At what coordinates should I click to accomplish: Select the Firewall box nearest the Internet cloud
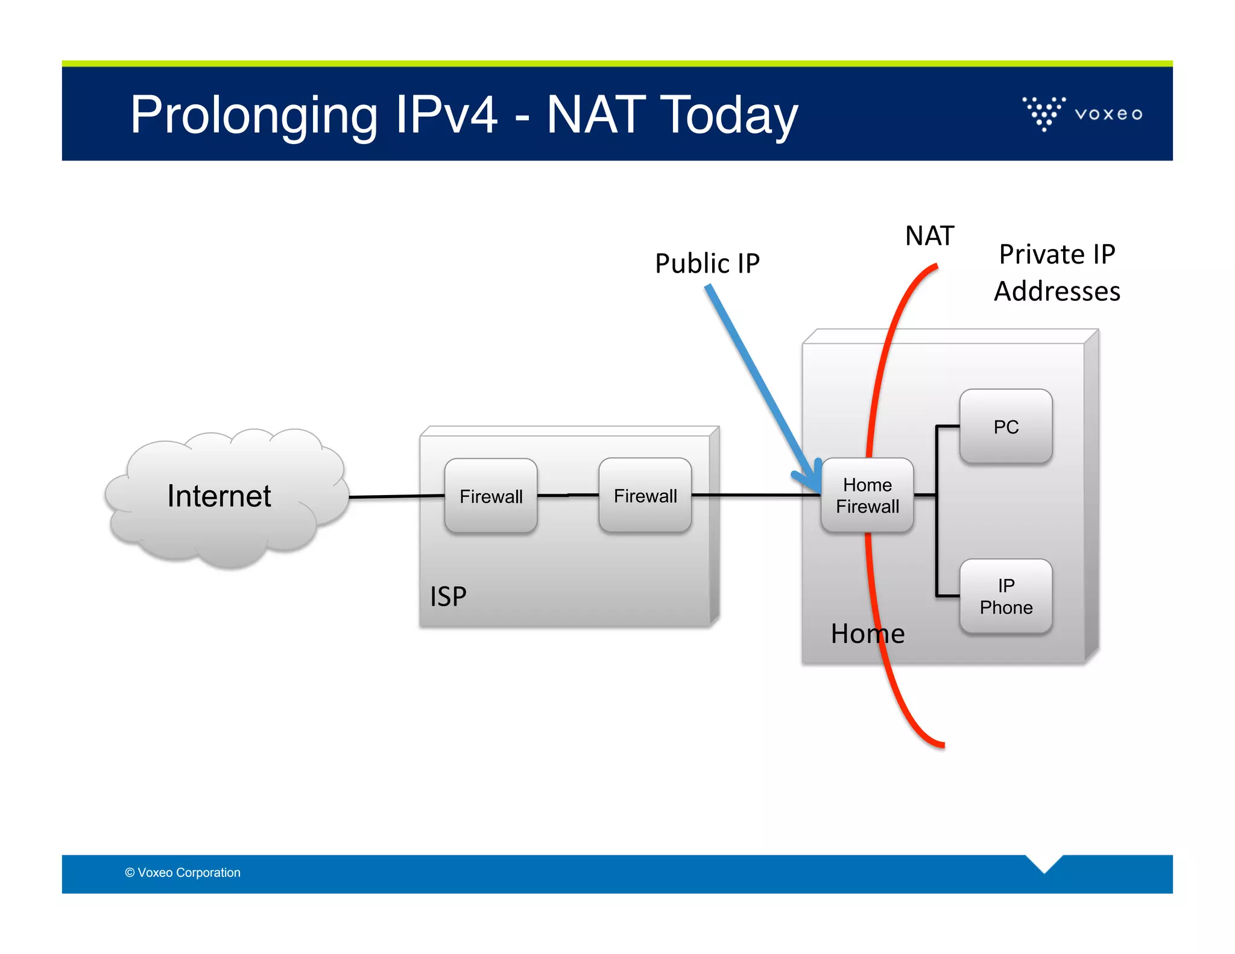click(491, 496)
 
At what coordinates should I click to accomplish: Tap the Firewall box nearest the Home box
click(645, 495)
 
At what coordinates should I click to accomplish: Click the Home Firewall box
click(867, 496)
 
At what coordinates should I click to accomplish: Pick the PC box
click(1006, 426)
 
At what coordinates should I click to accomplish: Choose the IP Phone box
click(1006, 596)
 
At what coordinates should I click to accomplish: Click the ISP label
click(448, 596)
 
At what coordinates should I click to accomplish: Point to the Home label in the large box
click(867, 634)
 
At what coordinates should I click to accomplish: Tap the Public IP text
click(707, 264)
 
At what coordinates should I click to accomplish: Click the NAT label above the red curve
click(929, 236)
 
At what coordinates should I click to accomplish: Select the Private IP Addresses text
click(1057, 273)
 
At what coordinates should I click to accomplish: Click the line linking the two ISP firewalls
click(567, 495)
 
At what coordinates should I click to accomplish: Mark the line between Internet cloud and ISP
click(396, 496)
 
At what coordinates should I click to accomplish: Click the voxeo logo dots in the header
click(1044, 113)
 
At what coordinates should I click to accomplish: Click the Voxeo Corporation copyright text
click(183, 873)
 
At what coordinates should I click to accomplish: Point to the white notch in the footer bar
click(1044, 862)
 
